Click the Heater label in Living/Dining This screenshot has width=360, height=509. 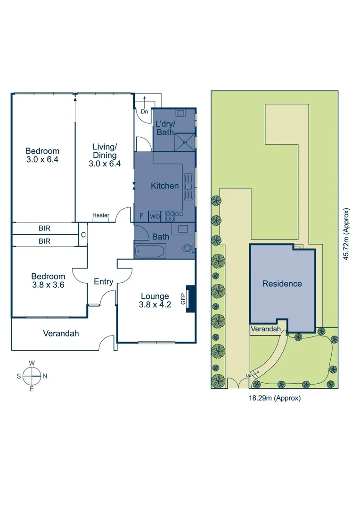tap(101, 215)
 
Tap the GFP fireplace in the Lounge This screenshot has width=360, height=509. tap(190, 298)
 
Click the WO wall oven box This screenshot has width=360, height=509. tap(155, 216)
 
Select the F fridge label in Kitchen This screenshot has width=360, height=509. tap(141, 216)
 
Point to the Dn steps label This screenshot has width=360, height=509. tap(144, 112)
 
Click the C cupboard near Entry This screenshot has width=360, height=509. tap(83, 235)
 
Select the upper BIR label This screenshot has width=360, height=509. tap(45, 228)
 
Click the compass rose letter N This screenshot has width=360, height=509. tap(45, 376)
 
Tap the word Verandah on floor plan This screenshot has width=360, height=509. tap(61, 333)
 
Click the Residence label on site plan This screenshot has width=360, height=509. tap(282, 284)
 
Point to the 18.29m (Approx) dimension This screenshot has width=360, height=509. tap(275, 398)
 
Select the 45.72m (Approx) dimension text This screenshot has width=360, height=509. tap(346, 234)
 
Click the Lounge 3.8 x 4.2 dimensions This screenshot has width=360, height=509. tap(155, 304)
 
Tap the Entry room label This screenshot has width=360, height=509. tap(103, 282)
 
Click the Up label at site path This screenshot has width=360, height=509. tap(248, 375)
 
